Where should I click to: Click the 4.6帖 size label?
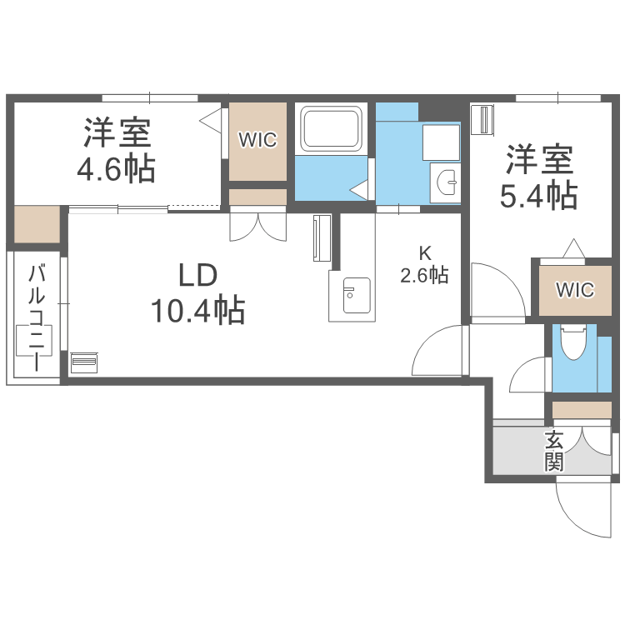115,171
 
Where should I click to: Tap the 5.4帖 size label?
537,196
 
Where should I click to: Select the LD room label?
197,274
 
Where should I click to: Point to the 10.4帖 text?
197,311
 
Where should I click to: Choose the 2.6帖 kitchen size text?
424,275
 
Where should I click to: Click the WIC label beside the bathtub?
257,140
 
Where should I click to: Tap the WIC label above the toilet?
575,290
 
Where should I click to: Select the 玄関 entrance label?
554,451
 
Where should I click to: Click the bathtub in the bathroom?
332,130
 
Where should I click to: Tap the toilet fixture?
573,342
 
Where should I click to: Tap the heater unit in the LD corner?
83,363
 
